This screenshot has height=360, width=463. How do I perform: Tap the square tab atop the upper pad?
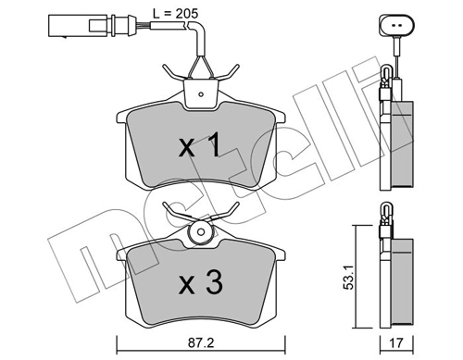tap(200, 91)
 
